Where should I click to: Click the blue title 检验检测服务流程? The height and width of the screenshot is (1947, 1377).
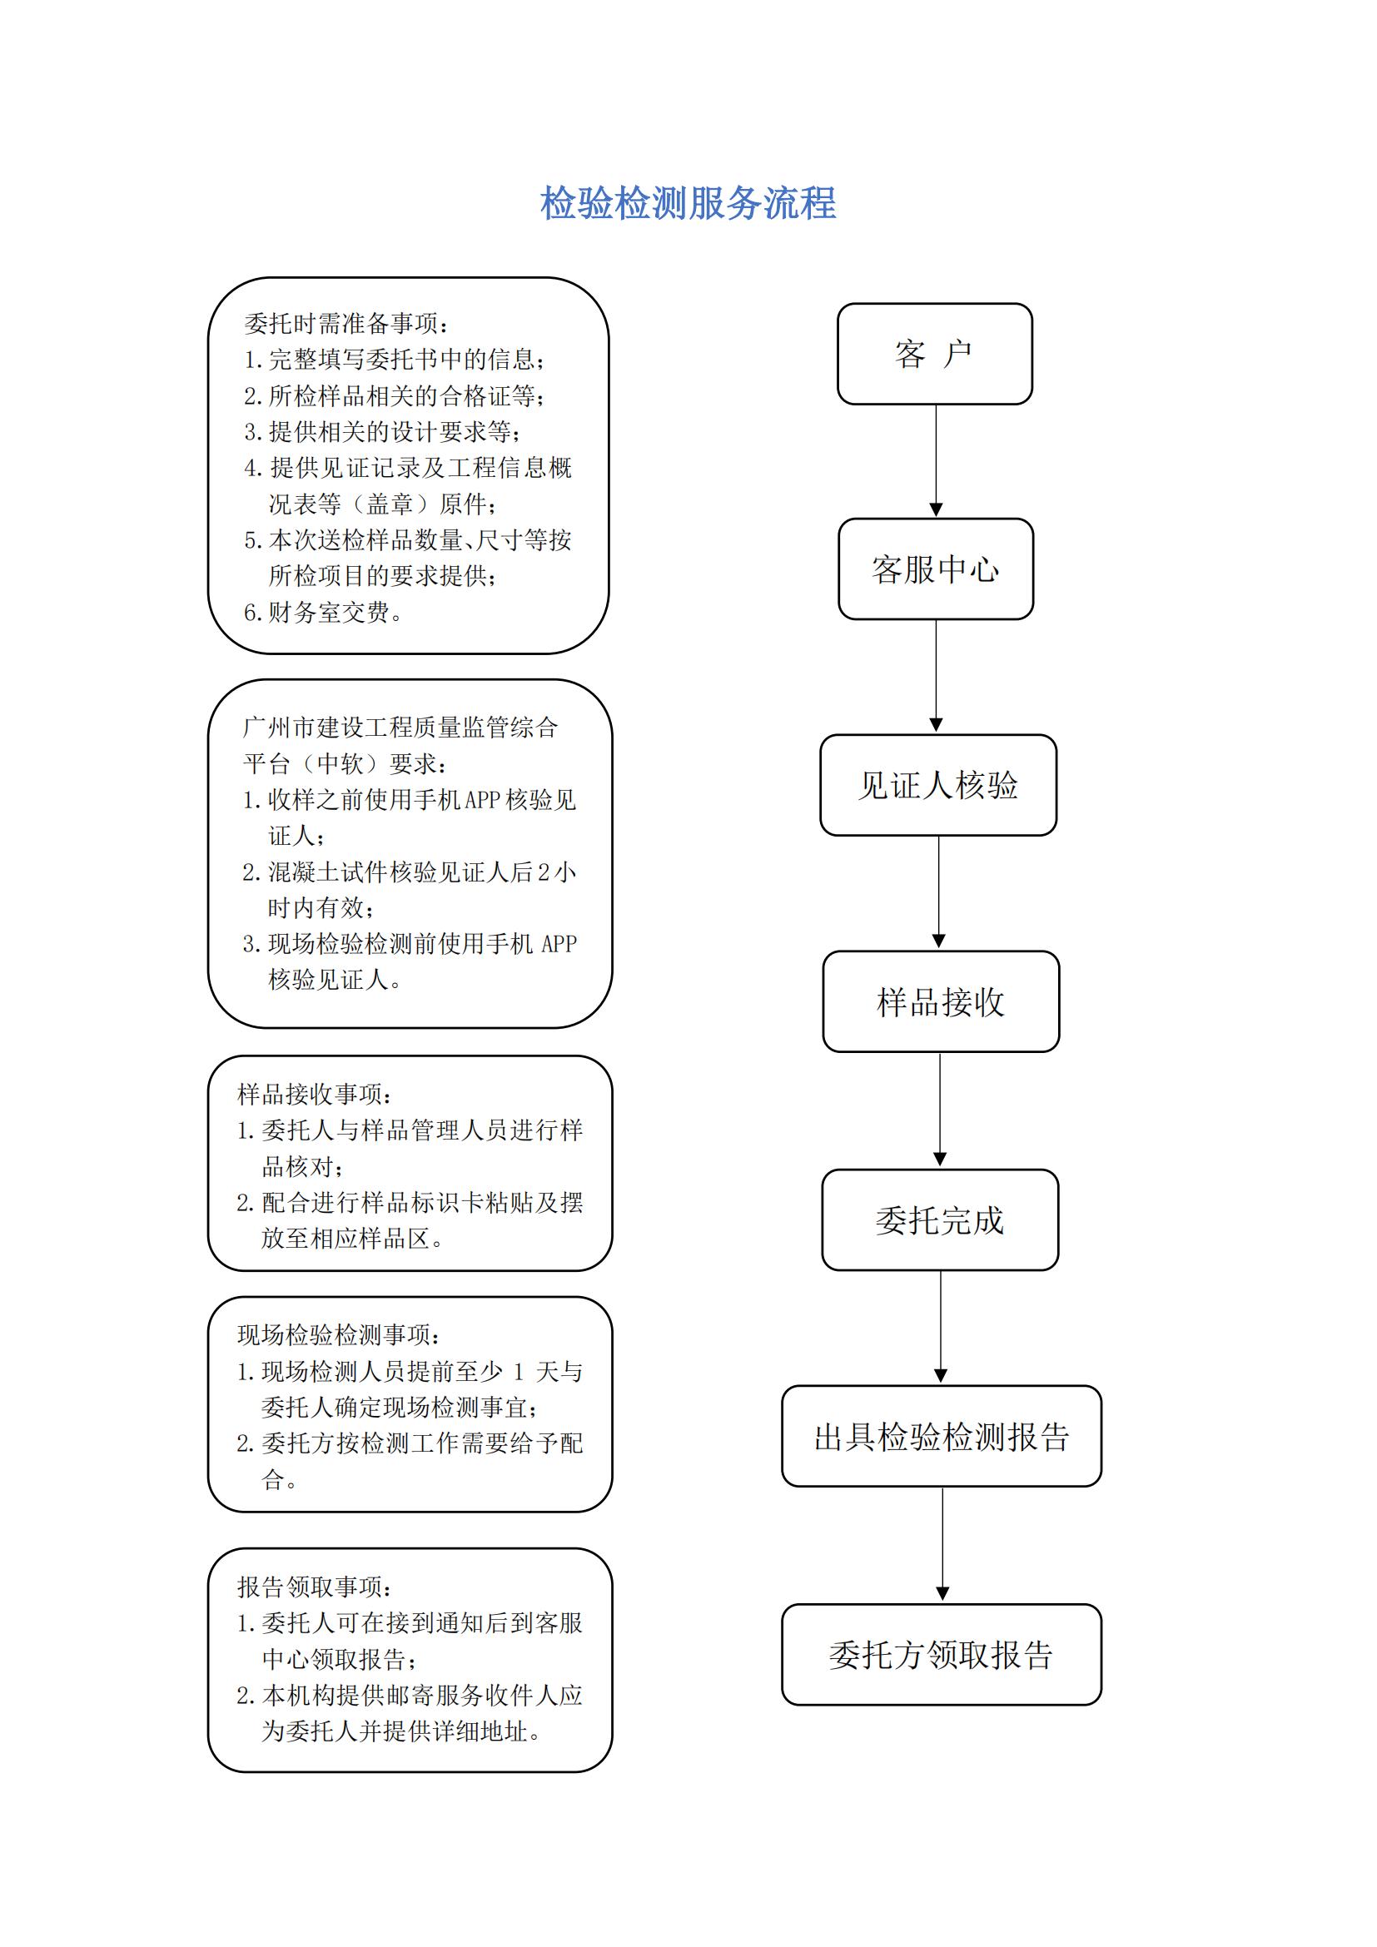coord(688,203)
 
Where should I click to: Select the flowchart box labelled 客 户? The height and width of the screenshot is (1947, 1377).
coord(934,354)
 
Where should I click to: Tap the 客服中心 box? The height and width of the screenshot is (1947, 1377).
coord(935,569)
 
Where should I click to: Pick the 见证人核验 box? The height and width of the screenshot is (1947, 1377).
coord(937,785)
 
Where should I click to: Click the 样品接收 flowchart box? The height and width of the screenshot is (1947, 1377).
coord(940,1001)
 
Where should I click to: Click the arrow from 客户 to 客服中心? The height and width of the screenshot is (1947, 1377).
coord(936,460)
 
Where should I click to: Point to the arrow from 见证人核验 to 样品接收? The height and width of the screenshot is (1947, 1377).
coord(938,892)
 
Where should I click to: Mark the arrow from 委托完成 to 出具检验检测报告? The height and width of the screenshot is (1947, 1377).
coord(940,1327)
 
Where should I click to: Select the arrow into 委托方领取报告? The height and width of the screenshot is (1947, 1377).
coord(942,1544)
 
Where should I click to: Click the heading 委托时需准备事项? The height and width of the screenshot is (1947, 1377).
coord(346,323)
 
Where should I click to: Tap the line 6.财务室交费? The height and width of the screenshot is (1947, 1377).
coord(323,613)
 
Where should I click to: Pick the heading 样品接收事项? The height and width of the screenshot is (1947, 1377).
coord(315,1094)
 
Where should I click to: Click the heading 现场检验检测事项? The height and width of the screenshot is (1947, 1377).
coord(338,1334)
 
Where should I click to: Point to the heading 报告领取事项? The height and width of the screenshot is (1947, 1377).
coord(315,1587)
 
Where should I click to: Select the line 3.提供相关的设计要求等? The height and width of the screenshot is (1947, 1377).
coord(382,432)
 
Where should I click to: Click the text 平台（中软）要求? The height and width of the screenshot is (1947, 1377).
coord(345,763)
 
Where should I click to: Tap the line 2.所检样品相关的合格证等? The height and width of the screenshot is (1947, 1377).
coord(395,395)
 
